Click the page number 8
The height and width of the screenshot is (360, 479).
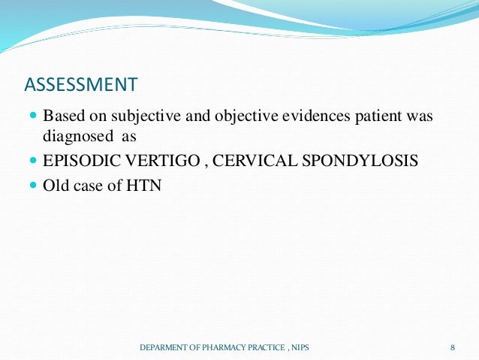(453, 346)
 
